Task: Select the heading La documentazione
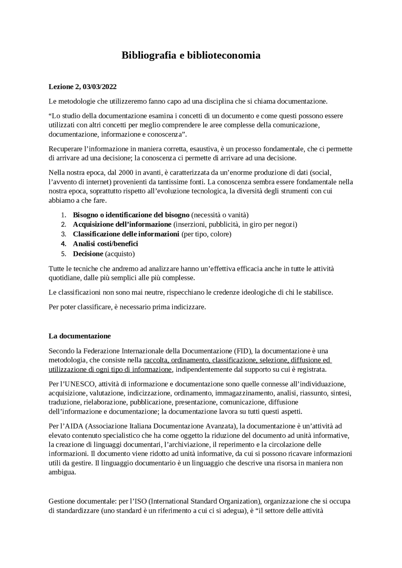[79, 336]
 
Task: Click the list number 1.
[63, 215]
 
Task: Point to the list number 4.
[63, 244]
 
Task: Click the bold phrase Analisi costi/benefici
[106, 244]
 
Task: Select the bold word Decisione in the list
[88, 254]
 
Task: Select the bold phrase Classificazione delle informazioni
[126, 234]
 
